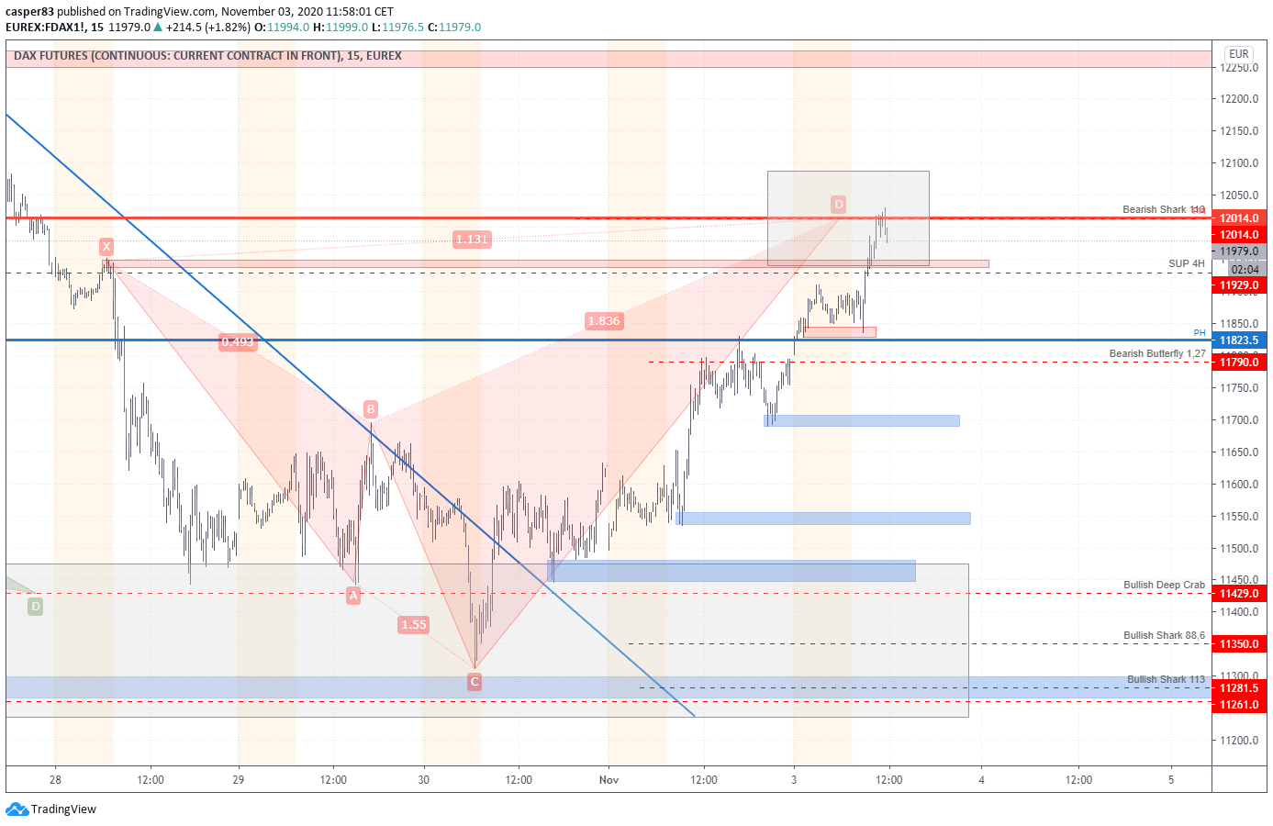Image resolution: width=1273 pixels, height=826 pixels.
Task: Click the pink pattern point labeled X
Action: point(106,246)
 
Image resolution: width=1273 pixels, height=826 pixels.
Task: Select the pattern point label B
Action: point(371,409)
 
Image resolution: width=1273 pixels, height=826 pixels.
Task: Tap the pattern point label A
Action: point(353,596)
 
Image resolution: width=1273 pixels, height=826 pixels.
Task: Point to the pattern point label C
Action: point(475,681)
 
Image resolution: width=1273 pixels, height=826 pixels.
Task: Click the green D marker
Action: point(35,607)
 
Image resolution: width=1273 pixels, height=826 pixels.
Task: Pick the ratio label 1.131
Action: point(472,240)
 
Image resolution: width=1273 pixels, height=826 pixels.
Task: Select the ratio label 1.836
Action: point(604,321)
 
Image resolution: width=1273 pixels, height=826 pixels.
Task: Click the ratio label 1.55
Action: point(414,625)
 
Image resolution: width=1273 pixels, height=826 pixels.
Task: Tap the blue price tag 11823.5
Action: point(1238,340)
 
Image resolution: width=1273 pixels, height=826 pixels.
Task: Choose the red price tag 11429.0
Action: point(1238,594)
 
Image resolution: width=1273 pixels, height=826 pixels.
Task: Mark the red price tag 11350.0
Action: point(1238,644)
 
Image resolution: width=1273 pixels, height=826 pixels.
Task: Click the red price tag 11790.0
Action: point(1238,363)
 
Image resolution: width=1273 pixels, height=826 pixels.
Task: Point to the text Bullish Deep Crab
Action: point(1164,585)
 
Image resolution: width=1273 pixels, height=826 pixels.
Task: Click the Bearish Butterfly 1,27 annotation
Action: point(1156,353)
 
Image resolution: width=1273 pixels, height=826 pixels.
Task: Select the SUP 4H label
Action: point(1186,263)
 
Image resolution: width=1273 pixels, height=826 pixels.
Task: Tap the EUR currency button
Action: point(1238,54)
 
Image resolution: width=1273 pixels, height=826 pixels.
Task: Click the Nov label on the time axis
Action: point(609,780)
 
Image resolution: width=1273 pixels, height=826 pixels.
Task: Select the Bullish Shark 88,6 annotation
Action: point(1164,635)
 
